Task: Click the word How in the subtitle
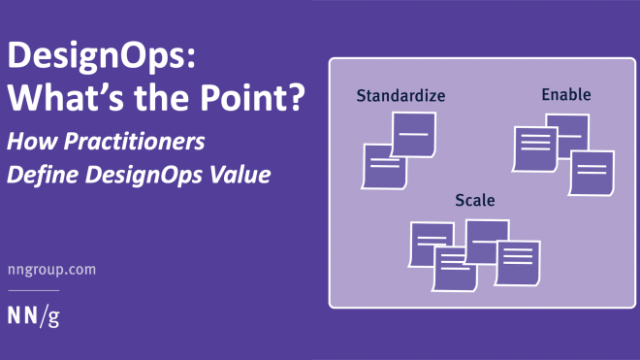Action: point(30,142)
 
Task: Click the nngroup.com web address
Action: point(51,270)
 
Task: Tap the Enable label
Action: point(566,94)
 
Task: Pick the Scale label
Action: point(475,201)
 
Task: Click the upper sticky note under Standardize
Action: point(413,133)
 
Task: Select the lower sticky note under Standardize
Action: point(383,166)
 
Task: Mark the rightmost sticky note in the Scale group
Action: point(518,261)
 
